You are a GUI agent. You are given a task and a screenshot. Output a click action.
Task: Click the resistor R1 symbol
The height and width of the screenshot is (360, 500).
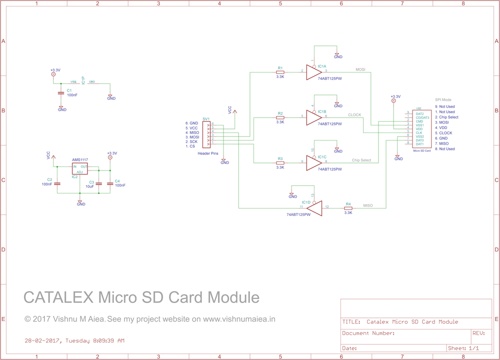pyautogui.click(x=280, y=72)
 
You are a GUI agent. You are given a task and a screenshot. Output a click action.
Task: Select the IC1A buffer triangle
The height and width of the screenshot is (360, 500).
pyautogui.click(x=313, y=72)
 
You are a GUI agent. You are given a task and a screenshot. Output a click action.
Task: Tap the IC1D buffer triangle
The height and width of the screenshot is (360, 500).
pyautogui.click(x=314, y=208)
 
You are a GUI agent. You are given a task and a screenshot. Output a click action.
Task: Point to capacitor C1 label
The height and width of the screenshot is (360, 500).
pyautogui.click(x=69, y=90)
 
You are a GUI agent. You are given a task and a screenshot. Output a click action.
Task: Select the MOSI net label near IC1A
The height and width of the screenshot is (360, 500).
pyautogui.click(x=360, y=69)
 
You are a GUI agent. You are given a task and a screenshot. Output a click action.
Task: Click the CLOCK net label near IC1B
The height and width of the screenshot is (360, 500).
pyautogui.click(x=354, y=115)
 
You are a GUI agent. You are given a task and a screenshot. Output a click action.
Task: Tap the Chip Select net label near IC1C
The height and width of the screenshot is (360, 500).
pyautogui.click(x=361, y=160)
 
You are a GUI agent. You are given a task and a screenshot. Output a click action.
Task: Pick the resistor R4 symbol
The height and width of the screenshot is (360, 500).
pyautogui.click(x=348, y=208)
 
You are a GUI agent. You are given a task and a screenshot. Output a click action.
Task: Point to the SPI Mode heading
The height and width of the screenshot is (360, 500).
pyautogui.click(x=443, y=100)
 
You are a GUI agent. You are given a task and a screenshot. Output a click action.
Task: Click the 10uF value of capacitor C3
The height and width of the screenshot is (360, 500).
pyautogui.click(x=90, y=186)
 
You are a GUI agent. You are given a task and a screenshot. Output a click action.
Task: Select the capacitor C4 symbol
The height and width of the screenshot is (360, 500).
pyautogui.click(x=110, y=183)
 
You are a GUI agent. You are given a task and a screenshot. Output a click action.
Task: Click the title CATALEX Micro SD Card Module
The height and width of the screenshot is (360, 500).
pyautogui.click(x=141, y=297)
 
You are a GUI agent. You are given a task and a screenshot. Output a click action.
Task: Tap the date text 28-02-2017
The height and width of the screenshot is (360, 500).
pyautogui.click(x=42, y=341)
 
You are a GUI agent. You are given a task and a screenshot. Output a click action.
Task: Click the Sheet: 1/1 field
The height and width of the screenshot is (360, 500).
pyautogui.click(x=463, y=348)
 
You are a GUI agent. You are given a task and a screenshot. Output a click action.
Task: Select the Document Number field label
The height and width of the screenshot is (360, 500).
pyautogui.click(x=368, y=333)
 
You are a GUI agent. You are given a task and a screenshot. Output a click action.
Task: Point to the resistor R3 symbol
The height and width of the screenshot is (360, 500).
pyautogui.click(x=280, y=163)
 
